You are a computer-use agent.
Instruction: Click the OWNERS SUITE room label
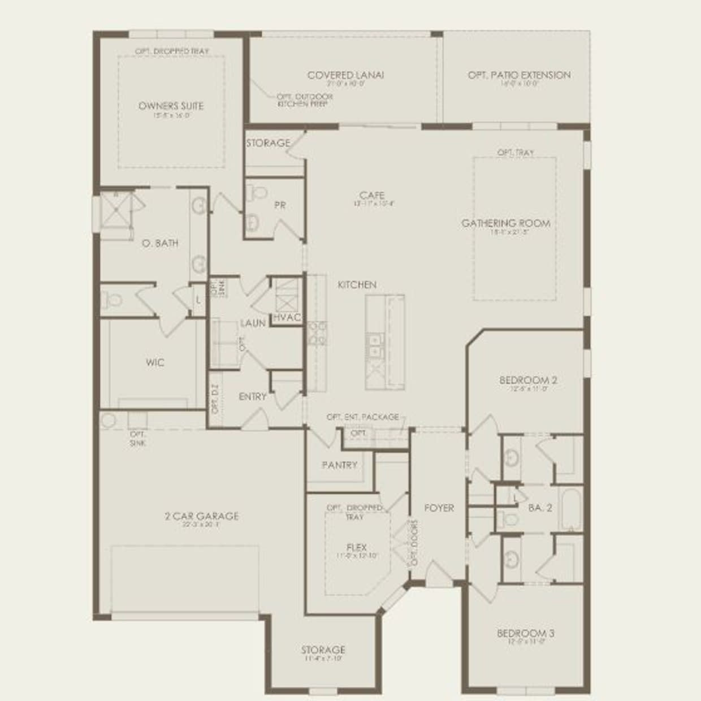coord(171,106)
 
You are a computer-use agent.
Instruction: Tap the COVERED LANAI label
coord(345,75)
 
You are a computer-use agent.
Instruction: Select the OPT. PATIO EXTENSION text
coord(519,75)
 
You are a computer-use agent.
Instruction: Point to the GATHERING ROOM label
coord(505,223)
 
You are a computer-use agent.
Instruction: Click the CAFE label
coord(371,195)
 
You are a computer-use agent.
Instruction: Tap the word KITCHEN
coord(357,284)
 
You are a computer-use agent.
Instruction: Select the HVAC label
coord(287,318)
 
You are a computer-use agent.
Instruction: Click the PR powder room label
coord(279,205)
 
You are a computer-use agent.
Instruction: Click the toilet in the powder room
coord(258,192)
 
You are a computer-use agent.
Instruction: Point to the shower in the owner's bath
coord(117,210)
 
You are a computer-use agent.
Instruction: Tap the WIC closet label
coord(155,362)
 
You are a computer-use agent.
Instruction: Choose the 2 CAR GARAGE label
coord(201,516)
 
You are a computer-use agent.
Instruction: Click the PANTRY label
coord(339,465)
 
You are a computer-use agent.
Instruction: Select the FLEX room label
coord(356,547)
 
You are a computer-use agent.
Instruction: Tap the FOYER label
coord(439,508)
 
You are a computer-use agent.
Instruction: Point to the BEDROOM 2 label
coord(528,380)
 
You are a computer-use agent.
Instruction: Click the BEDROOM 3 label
coord(525,633)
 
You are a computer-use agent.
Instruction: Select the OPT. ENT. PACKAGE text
coord(362,417)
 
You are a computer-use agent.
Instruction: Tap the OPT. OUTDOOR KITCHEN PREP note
coord(304,100)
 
